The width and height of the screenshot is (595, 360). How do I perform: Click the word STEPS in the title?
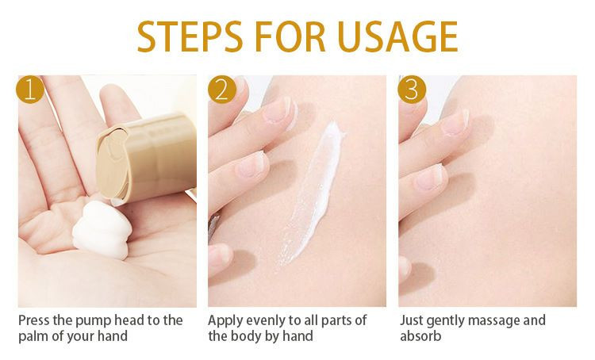[190, 36]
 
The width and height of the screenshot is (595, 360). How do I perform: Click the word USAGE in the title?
[397, 36]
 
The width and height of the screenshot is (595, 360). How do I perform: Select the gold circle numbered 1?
[30, 90]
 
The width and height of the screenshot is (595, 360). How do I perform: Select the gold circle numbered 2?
[222, 90]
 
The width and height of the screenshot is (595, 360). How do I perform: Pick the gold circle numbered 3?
[412, 90]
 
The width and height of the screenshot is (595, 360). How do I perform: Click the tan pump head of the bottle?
[146, 158]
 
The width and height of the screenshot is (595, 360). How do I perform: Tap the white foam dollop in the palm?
[102, 230]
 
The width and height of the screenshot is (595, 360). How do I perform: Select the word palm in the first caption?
[33, 336]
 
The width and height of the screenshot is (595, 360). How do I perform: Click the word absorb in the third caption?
[420, 336]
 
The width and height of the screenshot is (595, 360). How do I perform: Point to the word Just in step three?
[411, 320]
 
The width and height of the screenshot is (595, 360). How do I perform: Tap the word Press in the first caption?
[34, 320]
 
